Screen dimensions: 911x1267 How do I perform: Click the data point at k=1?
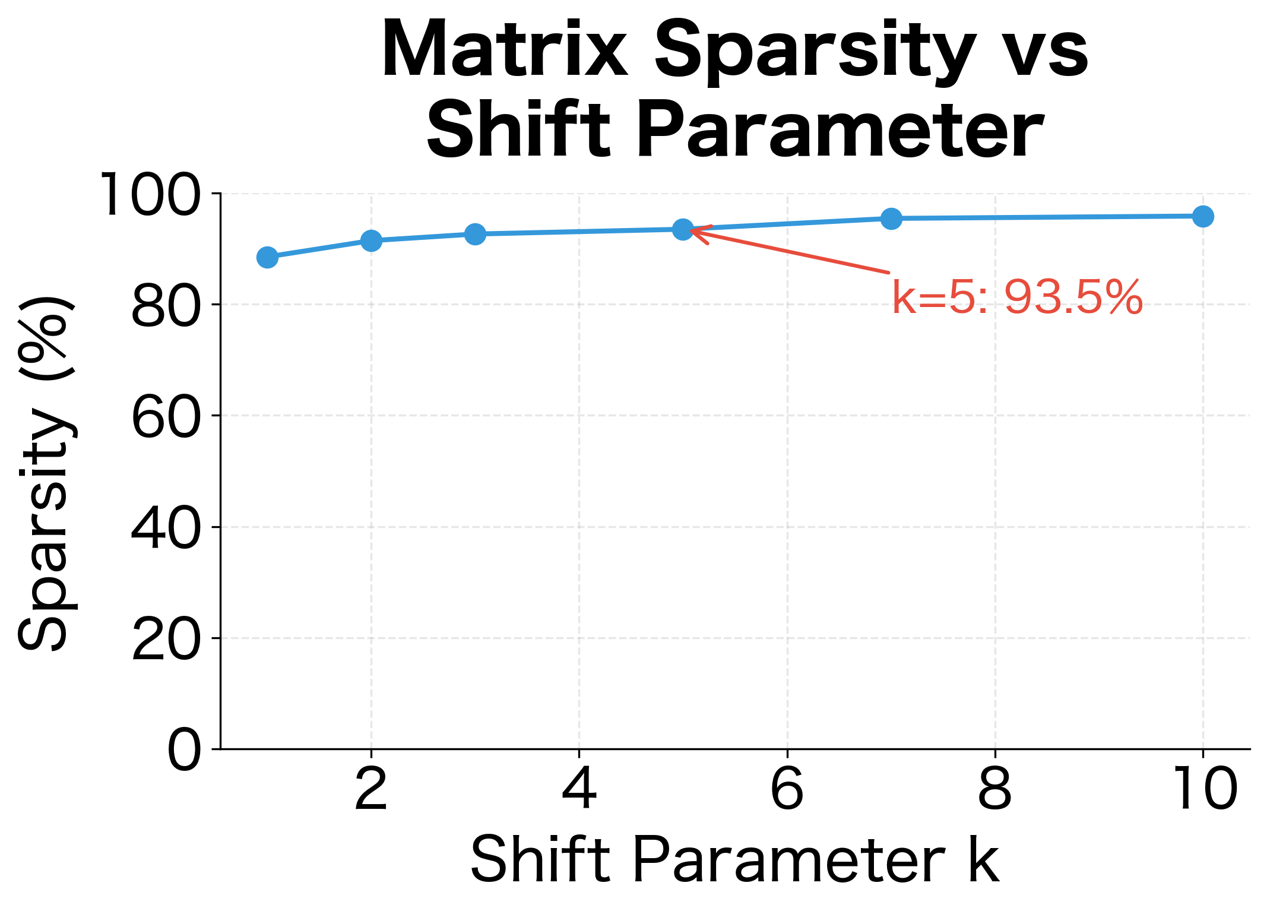[x=267, y=257]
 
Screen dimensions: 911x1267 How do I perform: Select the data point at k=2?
[x=371, y=241]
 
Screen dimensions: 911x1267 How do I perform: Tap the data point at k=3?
[x=475, y=234]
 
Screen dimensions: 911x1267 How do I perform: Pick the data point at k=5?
[x=683, y=229]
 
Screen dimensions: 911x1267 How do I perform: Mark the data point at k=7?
[x=891, y=219]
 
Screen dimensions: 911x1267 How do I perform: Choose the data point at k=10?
[x=1203, y=216]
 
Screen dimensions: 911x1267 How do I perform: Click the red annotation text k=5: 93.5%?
[x=1017, y=298]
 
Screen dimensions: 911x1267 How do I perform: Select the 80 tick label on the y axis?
[x=166, y=306]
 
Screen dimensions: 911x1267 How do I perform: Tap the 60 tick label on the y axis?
[x=166, y=417]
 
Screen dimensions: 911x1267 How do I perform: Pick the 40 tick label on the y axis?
[x=166, y=528]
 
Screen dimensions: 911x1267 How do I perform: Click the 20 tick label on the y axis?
[x=166, y=639]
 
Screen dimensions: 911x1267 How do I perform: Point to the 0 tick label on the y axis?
[x=185, y=750]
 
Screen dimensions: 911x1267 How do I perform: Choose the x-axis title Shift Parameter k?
[x=735, y=860]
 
